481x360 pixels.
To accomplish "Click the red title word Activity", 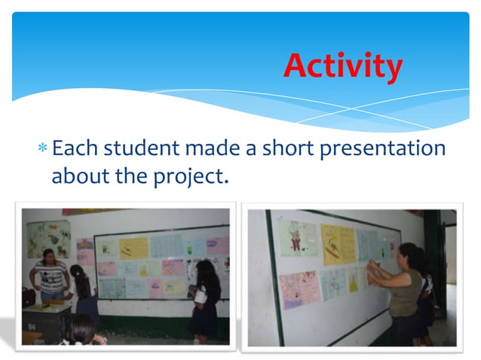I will [x=343, y=66].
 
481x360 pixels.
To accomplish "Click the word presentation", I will [x=383, y=149].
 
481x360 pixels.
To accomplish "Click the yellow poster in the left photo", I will [x=134, y=248].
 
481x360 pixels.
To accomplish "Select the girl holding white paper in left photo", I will [x=204, y=297].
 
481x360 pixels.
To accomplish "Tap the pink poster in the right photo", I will [x=299, y=288].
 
